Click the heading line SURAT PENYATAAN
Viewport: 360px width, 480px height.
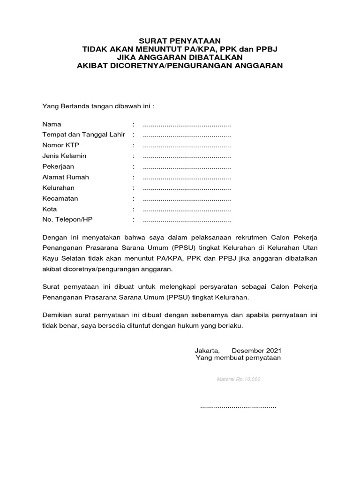(x=180, y=41)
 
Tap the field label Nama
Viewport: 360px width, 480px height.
(x=51, y=125)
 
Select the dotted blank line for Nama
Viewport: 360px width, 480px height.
(x=187, y=126)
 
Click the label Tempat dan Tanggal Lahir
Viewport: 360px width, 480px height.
(x=83, y=135)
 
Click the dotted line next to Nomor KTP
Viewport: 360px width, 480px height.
(x=187, y=146)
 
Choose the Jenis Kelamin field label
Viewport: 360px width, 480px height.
(x=64, y=156)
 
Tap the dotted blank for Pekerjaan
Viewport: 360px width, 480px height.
(x=187, y=167)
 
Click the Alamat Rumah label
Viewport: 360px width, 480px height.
(x=66, y=177)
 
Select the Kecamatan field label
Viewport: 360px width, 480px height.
(x=60, y=198)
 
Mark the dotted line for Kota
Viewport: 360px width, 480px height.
(x=187, y=210)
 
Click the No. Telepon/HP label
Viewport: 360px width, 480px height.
(x=68, y=219)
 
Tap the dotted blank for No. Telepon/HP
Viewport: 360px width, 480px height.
(x=187, y=220)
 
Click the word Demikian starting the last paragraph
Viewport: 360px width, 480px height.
(x=58, y=315)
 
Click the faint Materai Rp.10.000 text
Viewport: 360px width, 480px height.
(x=238, y=379)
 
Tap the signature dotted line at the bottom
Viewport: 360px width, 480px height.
(x=238, y=407)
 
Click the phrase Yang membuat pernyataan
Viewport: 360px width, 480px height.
(x=238, y=358)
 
